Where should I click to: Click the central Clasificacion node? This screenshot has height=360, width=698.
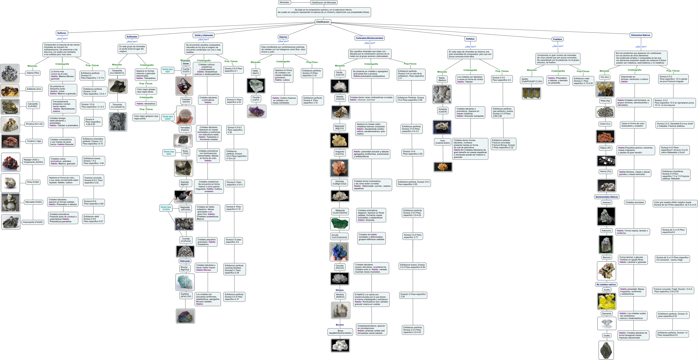[x=323, y=22]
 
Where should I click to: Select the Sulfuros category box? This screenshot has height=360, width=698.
[x=61, y=33]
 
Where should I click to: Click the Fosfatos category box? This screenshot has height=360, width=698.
[x=557, y=39]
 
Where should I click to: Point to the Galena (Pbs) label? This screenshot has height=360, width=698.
[x=33, y=73]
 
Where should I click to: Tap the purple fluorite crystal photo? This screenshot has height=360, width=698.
[x=257, y=111]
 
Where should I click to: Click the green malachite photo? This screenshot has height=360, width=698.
[x=340, y=224]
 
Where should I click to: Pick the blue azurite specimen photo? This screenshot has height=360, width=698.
[x=339, y=252]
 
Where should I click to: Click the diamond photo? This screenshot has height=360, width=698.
[x=606, y=323]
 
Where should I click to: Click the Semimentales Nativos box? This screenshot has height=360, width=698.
[x=606, y=197]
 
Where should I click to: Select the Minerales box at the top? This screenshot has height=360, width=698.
[x=284, y=2]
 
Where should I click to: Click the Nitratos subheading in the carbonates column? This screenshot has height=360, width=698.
[x=340, y=290]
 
